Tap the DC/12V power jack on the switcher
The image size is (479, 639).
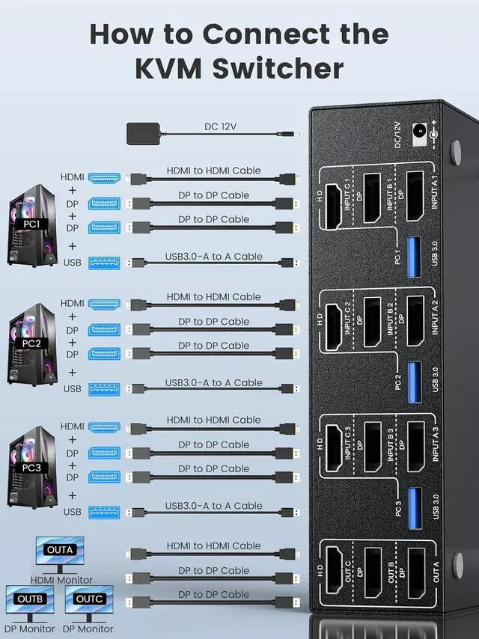click(421, 131)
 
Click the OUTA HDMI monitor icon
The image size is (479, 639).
click(59, 553)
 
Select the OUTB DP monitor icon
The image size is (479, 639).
click(30, 602)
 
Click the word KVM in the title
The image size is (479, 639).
click(173, 69)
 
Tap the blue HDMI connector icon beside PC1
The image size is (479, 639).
click(106, 178)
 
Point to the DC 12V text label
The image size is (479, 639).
click(220, 126)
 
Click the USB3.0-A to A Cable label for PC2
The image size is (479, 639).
click(214, 383)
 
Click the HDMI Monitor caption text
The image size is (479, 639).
click(61, 580)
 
